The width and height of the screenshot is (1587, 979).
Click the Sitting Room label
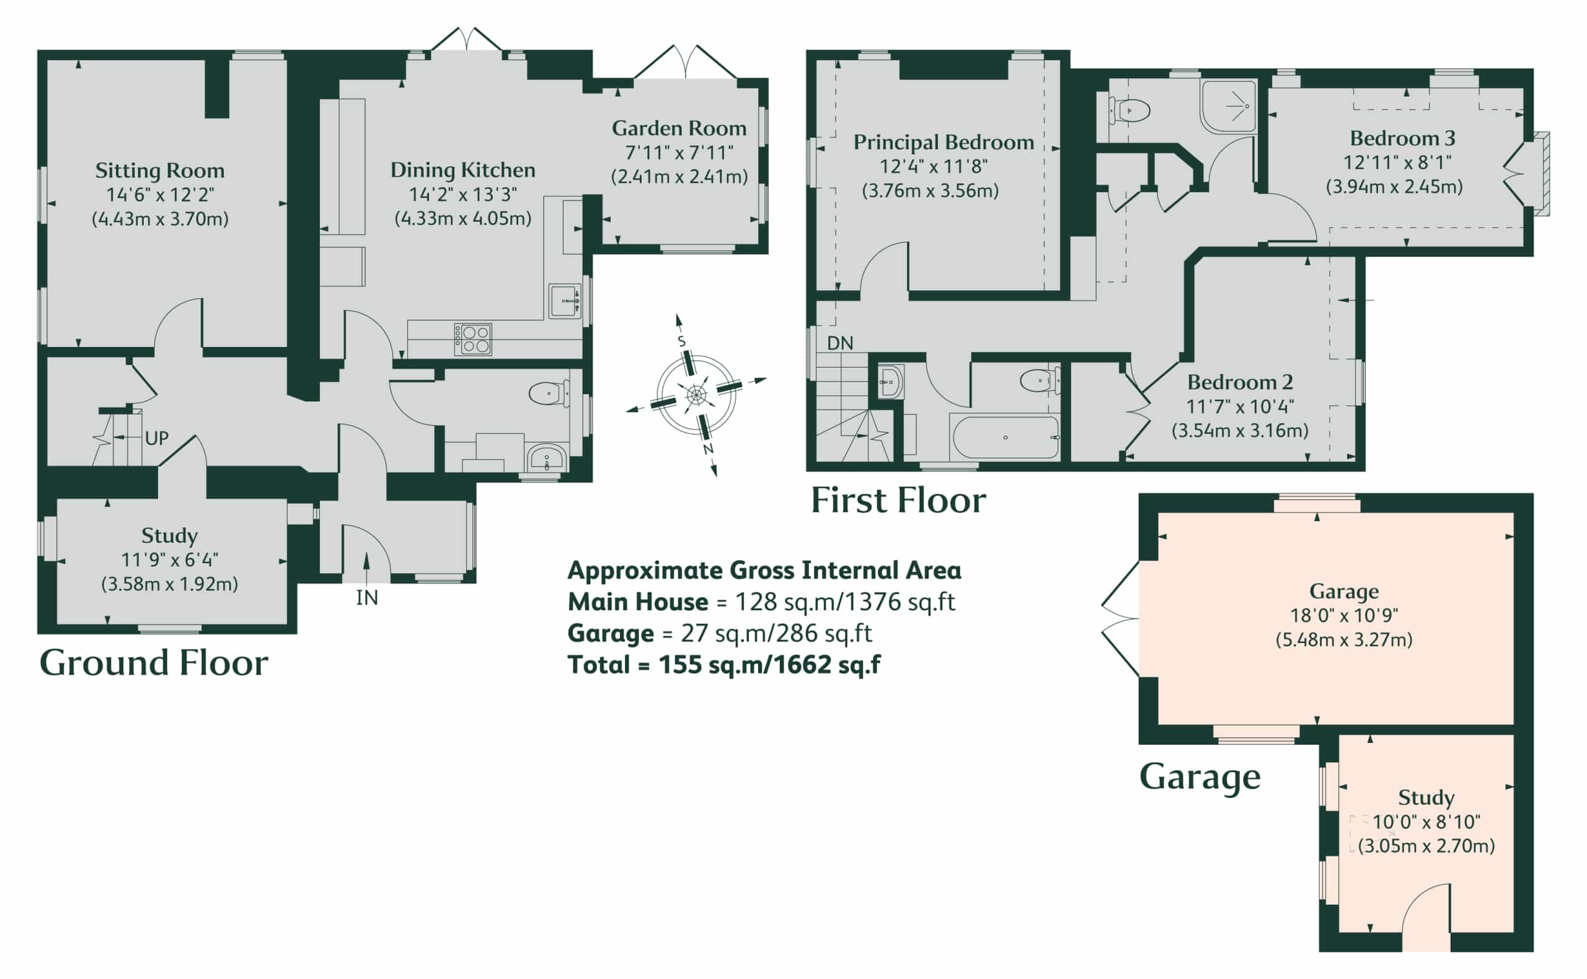(x=160, y=170)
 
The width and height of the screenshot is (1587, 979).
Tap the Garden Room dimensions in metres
(x=679, y=177)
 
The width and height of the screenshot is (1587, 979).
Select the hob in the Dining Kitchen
(x=473, y=340)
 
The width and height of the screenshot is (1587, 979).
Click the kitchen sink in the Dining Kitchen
(x=565, y=301)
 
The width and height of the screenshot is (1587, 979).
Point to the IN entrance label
(x=367, y=598)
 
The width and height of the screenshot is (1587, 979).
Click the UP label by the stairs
(x=157, y=438)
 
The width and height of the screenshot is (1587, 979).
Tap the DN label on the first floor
(x=840, y=343)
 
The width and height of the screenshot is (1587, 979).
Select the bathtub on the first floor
(x=1005, y=437)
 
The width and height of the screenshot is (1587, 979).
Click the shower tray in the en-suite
(x=1229, y=105)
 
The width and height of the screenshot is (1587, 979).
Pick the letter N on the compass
(x=708, y=449)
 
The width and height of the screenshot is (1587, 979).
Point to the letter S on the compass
(x=681, y=341)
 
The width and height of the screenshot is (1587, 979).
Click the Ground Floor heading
(x=154, y=662)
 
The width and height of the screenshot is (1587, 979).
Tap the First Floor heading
(x=898, y=500)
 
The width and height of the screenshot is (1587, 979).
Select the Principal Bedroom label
(x=944, y=143)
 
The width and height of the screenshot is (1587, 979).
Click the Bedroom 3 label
(x=1403, y=138)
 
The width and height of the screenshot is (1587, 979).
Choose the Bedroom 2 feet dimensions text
(x=1240, y=406)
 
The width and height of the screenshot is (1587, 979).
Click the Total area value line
(x=723, y=665)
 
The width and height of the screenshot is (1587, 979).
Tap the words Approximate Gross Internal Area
(x=764, y=571)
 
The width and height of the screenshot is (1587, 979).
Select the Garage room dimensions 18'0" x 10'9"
(x=1344, y=615)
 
